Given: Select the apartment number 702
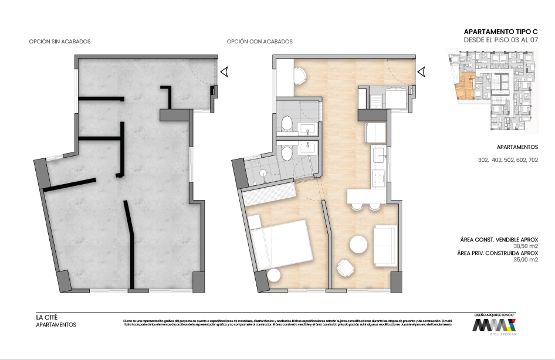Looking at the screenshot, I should point(532,160).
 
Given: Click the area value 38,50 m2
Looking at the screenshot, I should point(525,246).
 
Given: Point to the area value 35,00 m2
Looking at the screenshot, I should point(525,260).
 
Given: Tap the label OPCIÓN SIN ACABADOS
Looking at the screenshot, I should point(60,42).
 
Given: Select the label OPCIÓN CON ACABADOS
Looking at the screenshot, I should point(259,42).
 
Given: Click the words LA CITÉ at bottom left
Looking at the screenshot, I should point(47,317).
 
